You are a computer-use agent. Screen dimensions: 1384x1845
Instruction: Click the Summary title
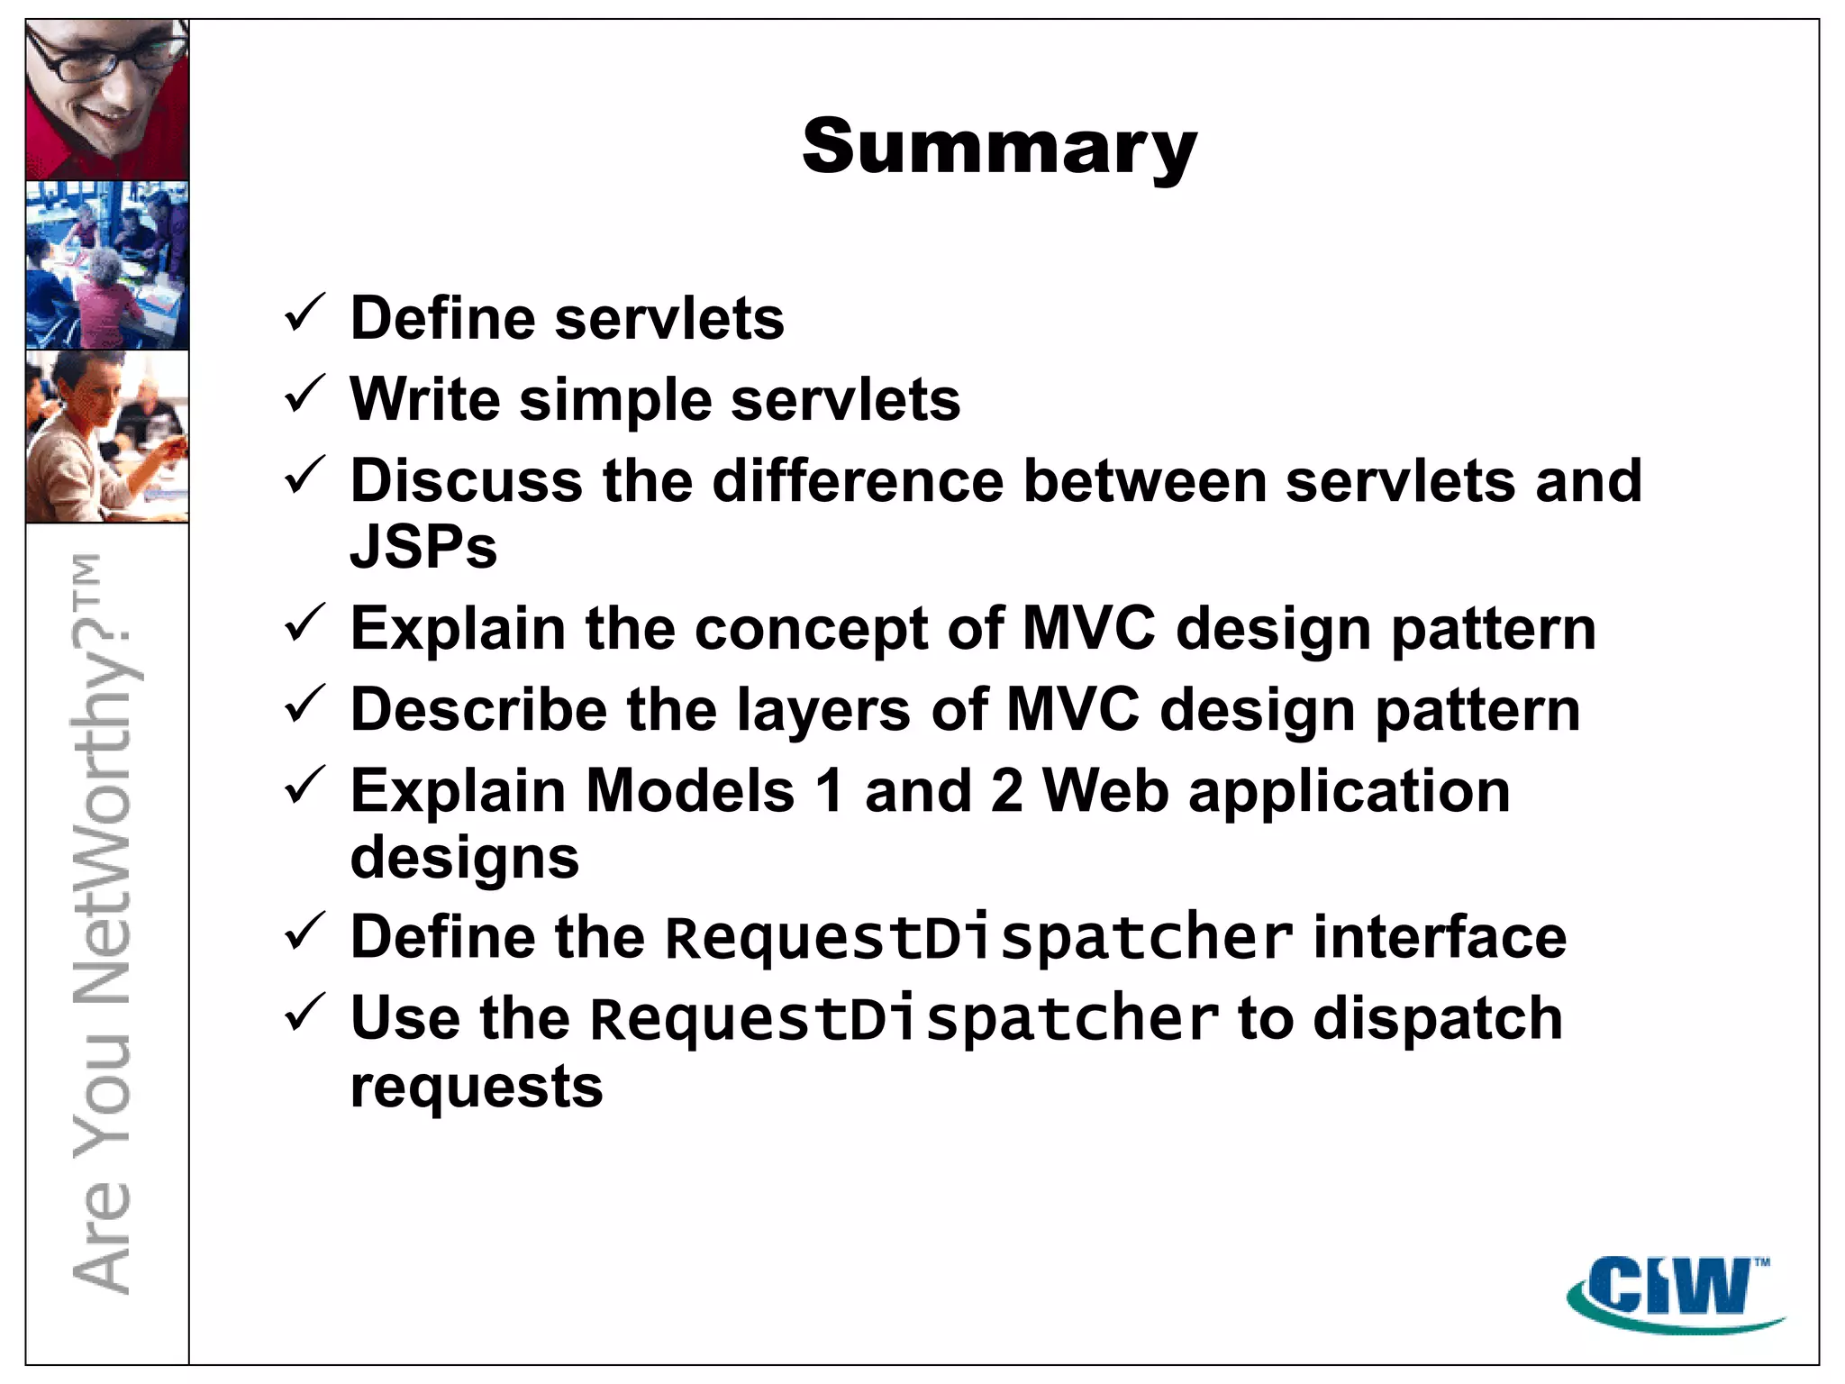pyautogui.click(x=999, y=148)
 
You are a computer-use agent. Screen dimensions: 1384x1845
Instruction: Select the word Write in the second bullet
pyautogui.click(x=424, y=399)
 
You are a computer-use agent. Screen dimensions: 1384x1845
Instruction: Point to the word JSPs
pyautogui.click(x=423, y=547)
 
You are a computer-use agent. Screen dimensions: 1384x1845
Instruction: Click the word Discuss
pyautogui.click(x=466, y=480)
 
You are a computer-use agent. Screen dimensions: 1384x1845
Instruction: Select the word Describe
pyautogui.click(x=478, y=709)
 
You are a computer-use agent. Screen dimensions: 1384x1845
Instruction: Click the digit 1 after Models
pyautogui.click(x=830, y=790)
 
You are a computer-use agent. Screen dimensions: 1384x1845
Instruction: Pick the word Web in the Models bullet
pyautogui.click(x=1105, y=790)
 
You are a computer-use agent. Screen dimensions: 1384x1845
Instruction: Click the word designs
pyautogui.click(x=465, y=858)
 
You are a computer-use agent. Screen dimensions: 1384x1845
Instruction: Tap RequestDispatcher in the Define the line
pyautogui.click(x=978, y=938)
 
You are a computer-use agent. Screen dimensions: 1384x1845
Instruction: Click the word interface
pyautogui.click(x=1440, y=937)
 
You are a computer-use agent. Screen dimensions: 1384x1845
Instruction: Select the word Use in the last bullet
pyautogui.click(x=404, y=1019)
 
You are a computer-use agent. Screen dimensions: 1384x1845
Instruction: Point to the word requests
pyautogui.click(x=477, y=1087)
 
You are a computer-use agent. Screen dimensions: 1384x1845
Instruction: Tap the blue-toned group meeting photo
pyautogui.click(x=107, y=265)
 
